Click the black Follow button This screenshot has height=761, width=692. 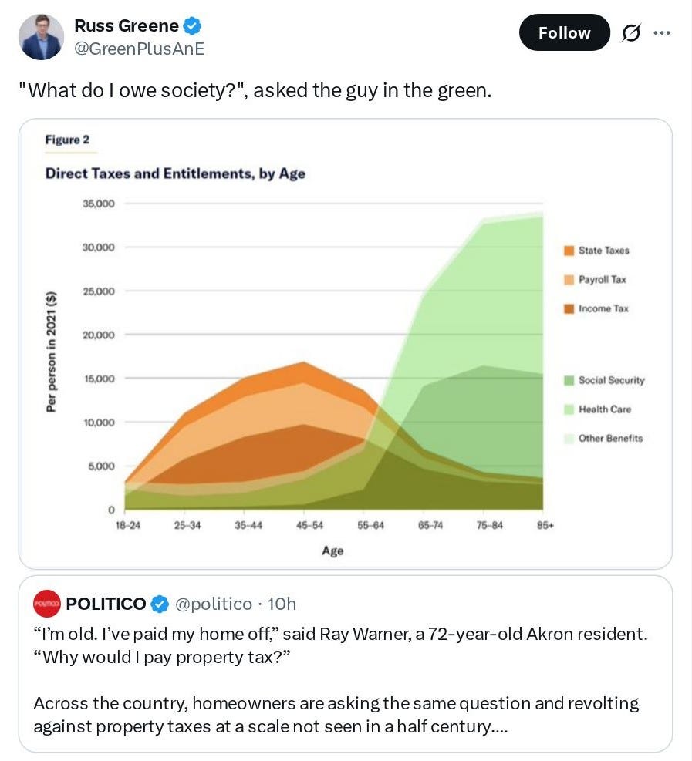point(564,32)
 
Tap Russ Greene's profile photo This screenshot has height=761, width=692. point(42,37)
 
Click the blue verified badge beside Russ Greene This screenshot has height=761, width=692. point(193,25)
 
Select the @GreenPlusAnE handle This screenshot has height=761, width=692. point(139,49)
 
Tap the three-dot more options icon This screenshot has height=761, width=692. point(662,33)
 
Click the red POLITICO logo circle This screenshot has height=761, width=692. point(46,603)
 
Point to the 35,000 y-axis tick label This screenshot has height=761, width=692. point(99,204)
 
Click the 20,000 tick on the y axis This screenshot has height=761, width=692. point(99,335)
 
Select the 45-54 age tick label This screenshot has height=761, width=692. point(309,525)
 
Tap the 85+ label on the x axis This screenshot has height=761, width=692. point(545,525)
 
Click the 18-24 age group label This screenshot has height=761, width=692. point(128,525)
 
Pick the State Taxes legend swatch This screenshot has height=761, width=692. point(569,251)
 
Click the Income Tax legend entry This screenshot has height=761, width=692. point(596,308)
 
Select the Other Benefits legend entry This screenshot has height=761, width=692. point(603,438)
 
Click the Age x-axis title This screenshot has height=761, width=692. point(332,551)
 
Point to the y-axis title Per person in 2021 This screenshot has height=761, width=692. point(50,352)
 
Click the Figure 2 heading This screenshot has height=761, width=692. point(67,140)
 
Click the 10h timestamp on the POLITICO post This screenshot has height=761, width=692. point(282,604)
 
